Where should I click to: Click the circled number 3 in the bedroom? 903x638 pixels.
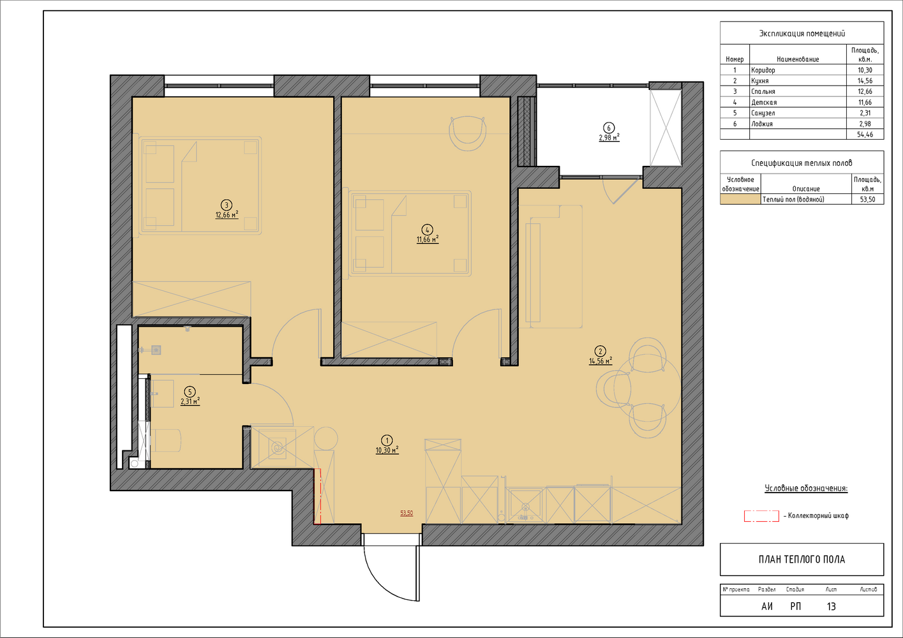[227, 205]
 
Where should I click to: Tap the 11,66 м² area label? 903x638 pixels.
[428, 239]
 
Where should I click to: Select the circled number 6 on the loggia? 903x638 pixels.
[609, 128]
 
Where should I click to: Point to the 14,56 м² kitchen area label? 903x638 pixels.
[601, 360]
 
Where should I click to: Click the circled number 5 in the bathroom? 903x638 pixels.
[190, 391]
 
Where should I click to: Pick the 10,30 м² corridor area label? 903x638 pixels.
[387, 450]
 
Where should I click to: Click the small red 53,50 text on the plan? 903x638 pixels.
[407, 513]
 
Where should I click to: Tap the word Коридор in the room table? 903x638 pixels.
[763, 70]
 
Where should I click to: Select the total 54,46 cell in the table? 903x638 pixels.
[865, 135]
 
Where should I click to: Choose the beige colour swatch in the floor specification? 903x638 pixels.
[740, 199]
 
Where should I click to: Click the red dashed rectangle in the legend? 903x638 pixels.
[761, 516]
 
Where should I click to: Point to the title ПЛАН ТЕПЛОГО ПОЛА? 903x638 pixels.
[802, 560]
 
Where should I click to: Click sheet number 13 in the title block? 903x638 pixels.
[832, 607]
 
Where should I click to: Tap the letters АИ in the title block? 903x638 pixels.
[766, 607]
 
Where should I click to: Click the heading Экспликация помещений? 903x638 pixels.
[802, 33]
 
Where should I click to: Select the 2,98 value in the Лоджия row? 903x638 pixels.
[865, 124]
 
